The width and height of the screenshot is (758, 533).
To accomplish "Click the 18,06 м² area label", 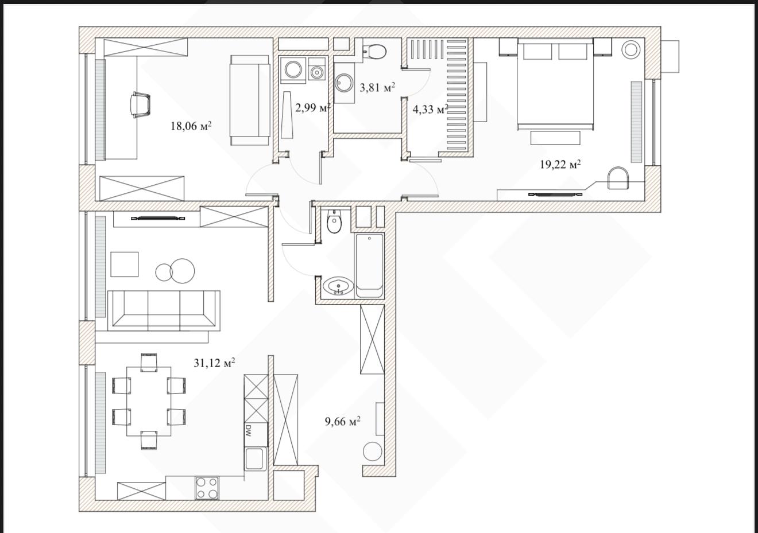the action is (x=191, y=126).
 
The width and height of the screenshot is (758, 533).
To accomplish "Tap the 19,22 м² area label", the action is (x=560, y=164).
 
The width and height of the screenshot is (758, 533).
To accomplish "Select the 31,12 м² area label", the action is (x=214, y=363).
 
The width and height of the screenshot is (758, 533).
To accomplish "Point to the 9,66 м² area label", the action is (x=342, y=421).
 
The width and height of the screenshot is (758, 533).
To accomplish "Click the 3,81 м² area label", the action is (x=377, y=88).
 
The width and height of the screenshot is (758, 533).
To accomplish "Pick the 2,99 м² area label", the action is (x=312, y=108).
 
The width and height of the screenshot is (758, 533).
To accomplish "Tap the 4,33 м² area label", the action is (x=430, y=109).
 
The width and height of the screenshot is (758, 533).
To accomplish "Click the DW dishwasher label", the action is (x=247, y=431).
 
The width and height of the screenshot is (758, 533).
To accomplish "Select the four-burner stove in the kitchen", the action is (x=207, y=488).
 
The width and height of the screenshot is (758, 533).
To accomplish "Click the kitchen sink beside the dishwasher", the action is (x=256, y=458).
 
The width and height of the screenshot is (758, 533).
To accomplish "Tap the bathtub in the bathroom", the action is (x=369, y=266).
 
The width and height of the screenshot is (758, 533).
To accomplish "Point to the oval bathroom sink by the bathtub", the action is (x=338, y=286).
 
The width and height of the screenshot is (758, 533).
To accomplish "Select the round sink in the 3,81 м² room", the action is (x=344, y=83).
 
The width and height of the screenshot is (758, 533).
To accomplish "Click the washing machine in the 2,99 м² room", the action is (x=293, y=69).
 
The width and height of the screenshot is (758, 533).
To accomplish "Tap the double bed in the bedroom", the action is (x=555, y=84).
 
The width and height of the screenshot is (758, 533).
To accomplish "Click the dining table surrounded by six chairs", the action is (x=149, y=402).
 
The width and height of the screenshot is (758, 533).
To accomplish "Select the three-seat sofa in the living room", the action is (x=164, y=310).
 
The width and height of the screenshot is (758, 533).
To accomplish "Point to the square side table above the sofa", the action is (x=124, y=264).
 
